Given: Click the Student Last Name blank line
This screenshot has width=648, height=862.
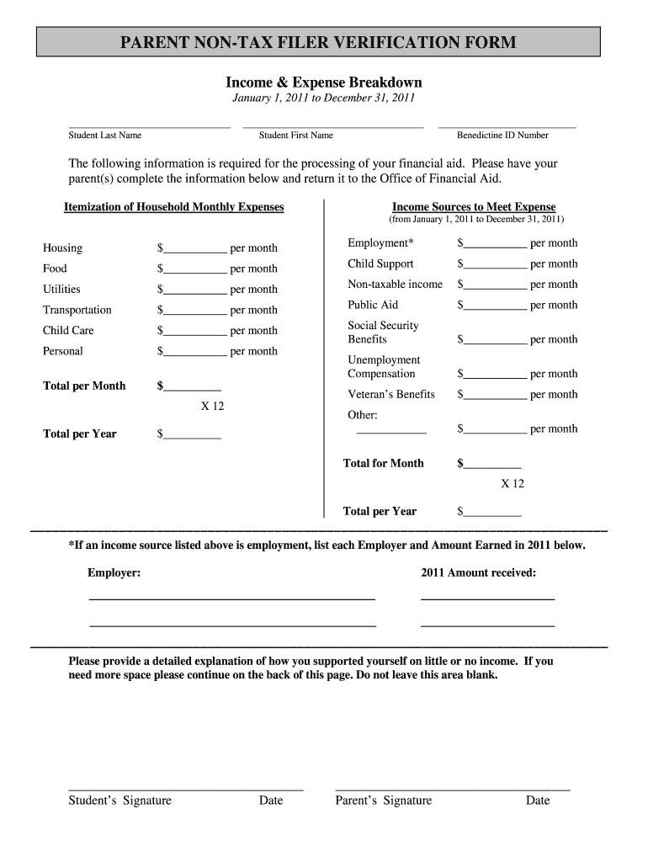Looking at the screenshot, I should click(x=149, y=127).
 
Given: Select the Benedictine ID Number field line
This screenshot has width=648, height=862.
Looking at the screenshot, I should click(x=507, y=127).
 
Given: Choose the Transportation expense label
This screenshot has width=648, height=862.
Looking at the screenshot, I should click(x=77, y=310).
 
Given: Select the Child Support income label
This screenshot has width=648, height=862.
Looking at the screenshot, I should click(x=380, y=263).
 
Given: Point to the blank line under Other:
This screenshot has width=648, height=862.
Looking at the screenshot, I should click(x=391, y=432).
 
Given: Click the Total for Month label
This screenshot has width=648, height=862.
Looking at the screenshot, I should click(x=383, y=463).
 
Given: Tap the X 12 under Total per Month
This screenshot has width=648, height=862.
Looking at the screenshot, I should click(x=212, y=406).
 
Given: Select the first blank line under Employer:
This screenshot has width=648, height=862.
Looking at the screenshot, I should click(x=231, y=599).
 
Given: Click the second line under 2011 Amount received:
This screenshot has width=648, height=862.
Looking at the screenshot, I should click(x=487, y=626).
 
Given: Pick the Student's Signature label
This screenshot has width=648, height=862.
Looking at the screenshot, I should click(x=120, y=801).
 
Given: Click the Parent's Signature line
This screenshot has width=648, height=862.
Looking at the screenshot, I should click(x=452, y=790).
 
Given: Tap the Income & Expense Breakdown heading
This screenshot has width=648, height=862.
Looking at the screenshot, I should click(x=323, y=82).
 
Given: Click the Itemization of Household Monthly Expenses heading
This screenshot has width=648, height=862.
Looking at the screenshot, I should click(x=174, y=207).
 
